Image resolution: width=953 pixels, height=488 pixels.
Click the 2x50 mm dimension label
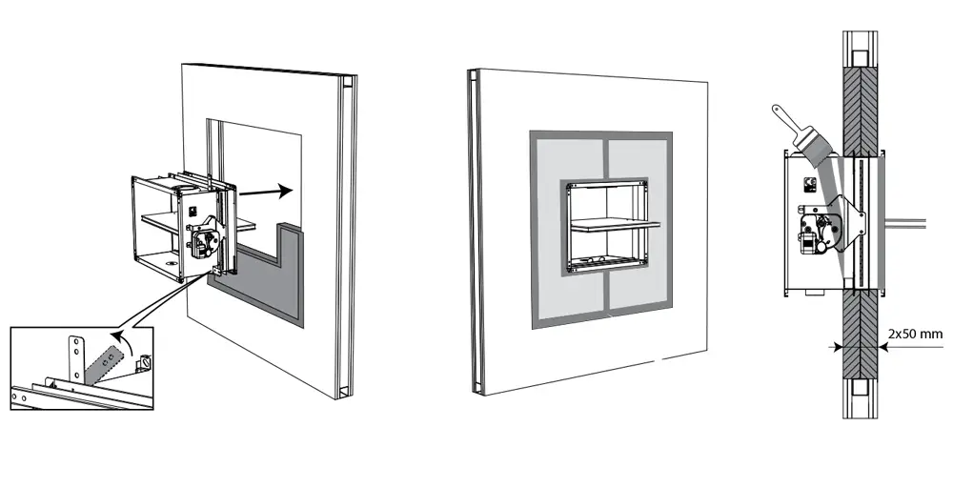coord(915,334)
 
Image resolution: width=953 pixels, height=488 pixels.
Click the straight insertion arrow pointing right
coord(266,192)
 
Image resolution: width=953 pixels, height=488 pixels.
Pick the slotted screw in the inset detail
coord(145,363)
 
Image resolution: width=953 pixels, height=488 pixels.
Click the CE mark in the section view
coord(809,184)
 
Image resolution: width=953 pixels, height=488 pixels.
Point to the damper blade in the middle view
coord(615,225)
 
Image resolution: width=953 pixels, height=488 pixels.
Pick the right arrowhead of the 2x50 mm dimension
coord(882,348)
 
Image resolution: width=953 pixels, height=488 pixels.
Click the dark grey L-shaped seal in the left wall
coord(268,286)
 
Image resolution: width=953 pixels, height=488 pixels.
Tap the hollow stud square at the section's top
coord(860,58)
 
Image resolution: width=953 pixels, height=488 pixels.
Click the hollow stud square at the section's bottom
coord(860,388)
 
